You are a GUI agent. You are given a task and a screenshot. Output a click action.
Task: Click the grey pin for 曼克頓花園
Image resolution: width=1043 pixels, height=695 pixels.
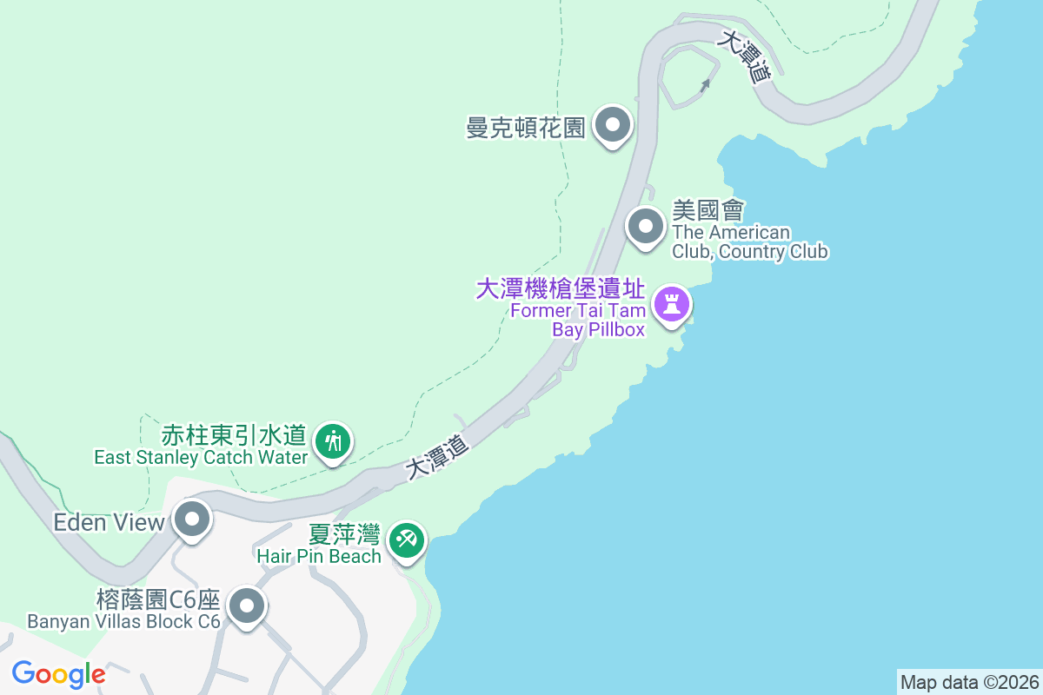pos(613,126)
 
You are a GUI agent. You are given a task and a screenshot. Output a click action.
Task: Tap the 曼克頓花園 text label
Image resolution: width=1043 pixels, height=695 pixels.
pos(525,129)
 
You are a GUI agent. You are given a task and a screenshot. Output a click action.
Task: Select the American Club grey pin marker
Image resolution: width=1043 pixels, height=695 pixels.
pos(645,228)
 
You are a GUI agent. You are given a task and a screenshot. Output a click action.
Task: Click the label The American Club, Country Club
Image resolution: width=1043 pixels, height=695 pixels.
pos(749,242)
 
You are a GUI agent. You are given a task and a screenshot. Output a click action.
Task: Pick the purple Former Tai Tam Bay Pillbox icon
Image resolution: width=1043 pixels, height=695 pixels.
pos(671,305)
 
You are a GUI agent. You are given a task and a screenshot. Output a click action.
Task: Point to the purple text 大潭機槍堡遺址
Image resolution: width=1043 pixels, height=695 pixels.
pos(561,289)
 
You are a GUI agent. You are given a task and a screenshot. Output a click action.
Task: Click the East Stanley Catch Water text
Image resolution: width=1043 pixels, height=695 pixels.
pos(201,457)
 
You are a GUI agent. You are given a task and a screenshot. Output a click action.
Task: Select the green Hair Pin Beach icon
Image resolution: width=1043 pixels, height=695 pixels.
pos(406,540)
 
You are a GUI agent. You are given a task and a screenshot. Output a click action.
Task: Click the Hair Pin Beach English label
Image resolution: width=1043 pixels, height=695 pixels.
pos(319,556)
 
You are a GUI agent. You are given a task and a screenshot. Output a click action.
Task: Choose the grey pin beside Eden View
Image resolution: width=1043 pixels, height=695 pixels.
pos(192,521)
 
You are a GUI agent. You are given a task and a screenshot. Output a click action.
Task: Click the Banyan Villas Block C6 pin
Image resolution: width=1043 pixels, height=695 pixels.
pos(247,606)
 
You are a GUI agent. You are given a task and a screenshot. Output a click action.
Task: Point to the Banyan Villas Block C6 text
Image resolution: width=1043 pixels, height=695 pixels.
pos(124,621)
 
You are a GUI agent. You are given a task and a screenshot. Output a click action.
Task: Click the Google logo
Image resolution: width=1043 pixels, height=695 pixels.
pos(58,674)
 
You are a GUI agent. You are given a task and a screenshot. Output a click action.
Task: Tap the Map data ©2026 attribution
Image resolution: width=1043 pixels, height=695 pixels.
pos(969,682)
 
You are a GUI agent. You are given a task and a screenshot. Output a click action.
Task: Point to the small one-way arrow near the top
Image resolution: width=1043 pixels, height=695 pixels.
pos(705,84)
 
